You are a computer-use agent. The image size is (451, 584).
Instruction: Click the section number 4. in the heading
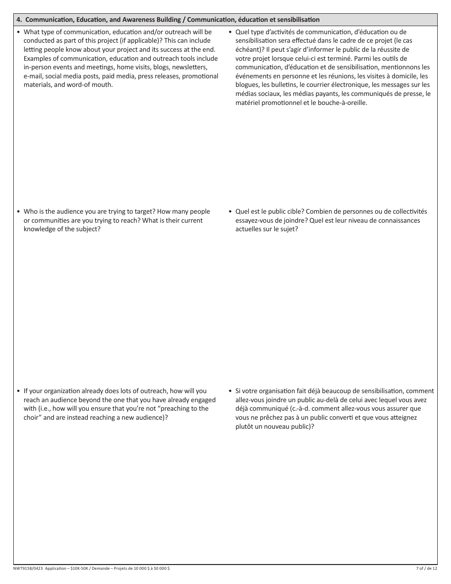pyautogui.click(x=19, y=19)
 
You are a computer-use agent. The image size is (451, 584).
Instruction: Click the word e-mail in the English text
pyautogui.click(x=33, y=76)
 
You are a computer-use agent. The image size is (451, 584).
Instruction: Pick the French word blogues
pyautogui.click(x=247, y=85)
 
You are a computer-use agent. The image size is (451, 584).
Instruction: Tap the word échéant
pyautogui.click(x=249, y=50)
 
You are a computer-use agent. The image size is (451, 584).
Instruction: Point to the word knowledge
pyautogui.click(x=41, y=229)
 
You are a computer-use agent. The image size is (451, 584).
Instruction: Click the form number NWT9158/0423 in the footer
pyautogui.click(x=28, y=568)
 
